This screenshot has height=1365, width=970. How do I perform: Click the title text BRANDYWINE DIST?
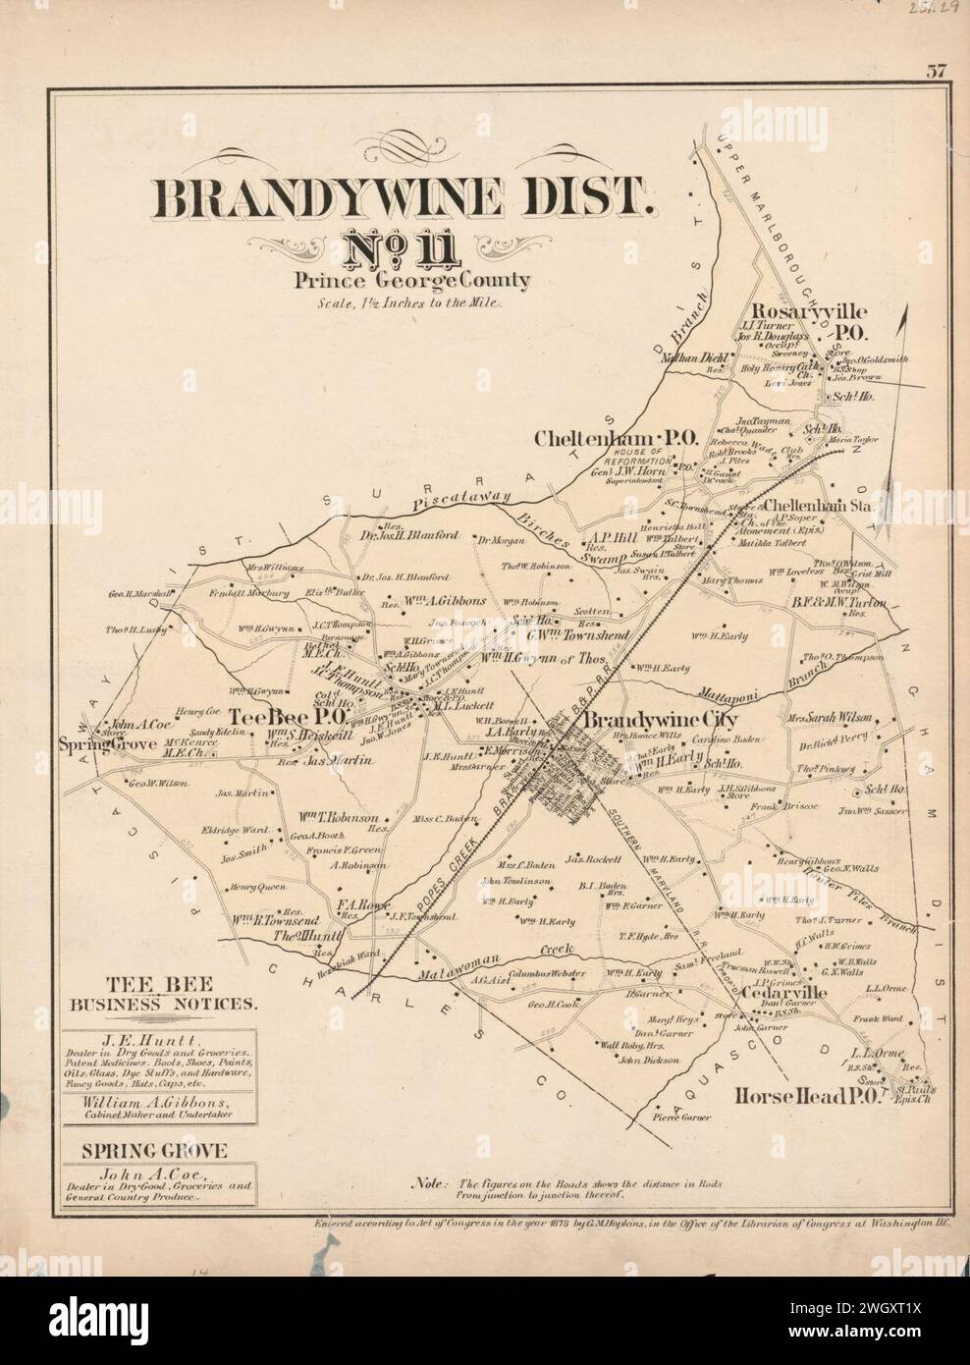point(404,201)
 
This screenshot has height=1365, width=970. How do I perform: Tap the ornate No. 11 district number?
point(404,249)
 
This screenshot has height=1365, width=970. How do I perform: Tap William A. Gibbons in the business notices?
point(160,1103)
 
